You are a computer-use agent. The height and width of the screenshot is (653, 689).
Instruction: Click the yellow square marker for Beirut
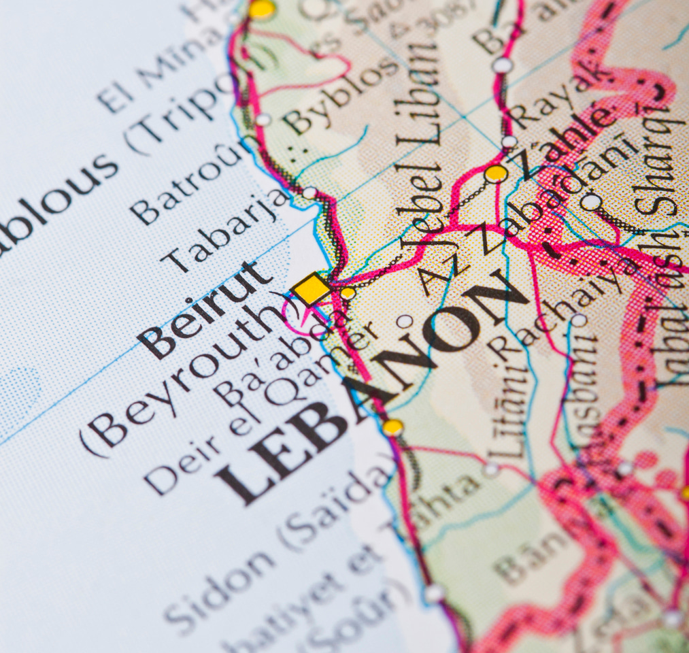pos(312,288)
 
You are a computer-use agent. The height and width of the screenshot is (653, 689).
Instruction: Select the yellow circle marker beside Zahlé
pos(496,173)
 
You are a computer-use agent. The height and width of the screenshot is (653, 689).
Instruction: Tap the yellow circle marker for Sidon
pos(392,427)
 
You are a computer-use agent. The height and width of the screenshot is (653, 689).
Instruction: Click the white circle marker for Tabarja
pos(309,193)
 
